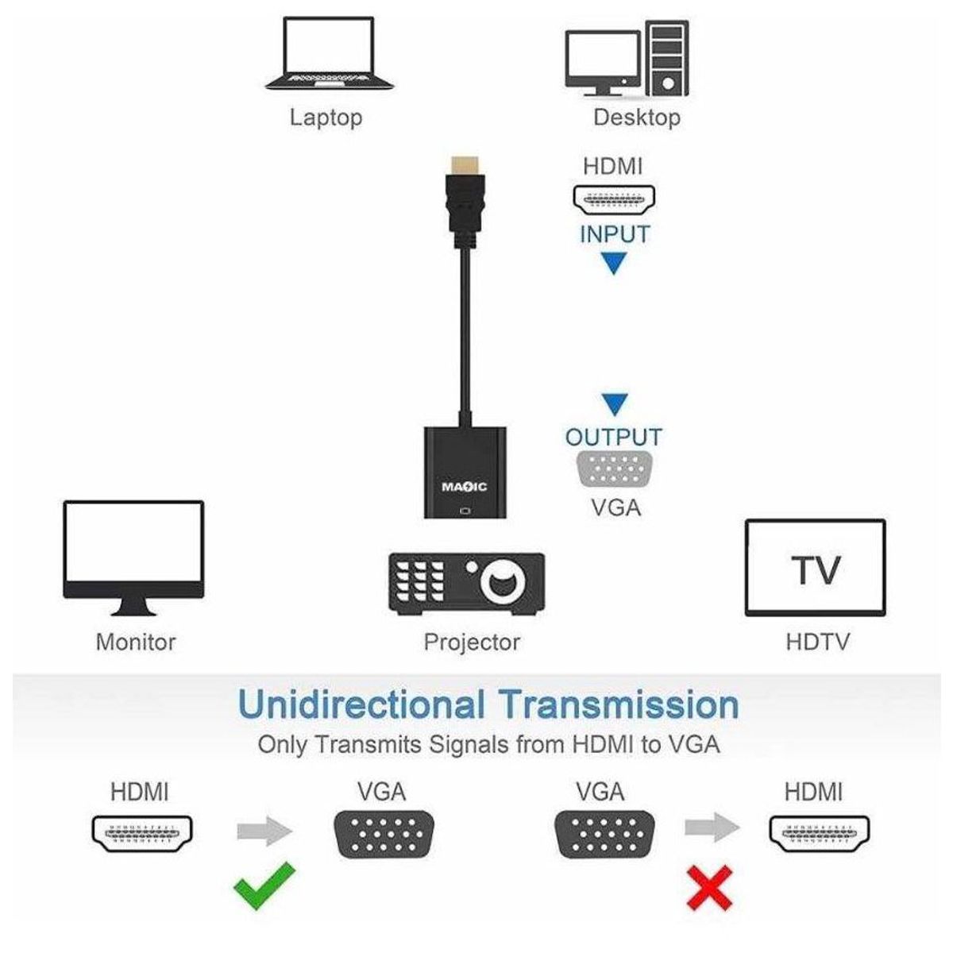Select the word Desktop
[636, 118]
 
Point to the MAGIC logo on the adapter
[464, 486]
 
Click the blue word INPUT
[614, 235]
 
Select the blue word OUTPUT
[613, 437]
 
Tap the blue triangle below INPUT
[613, 263]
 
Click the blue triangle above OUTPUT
[614, 404]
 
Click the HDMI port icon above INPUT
[614, 199]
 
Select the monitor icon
[133, 556]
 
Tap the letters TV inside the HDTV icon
[816, 570]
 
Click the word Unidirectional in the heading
[361, 704]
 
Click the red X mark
[708, 887]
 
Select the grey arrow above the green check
[264, 831]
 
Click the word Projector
[472, 642]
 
